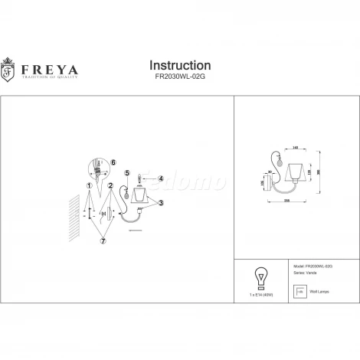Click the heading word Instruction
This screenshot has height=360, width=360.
[x=179, y=66]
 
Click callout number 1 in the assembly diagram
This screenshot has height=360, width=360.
[x=90, y=185]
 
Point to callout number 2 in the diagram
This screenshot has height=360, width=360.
[x=111, y=185]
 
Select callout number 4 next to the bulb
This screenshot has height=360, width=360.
[x=161, y=178]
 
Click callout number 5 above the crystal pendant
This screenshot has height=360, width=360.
[x=127, y=173]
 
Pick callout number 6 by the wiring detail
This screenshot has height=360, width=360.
[x=113, y=162]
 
